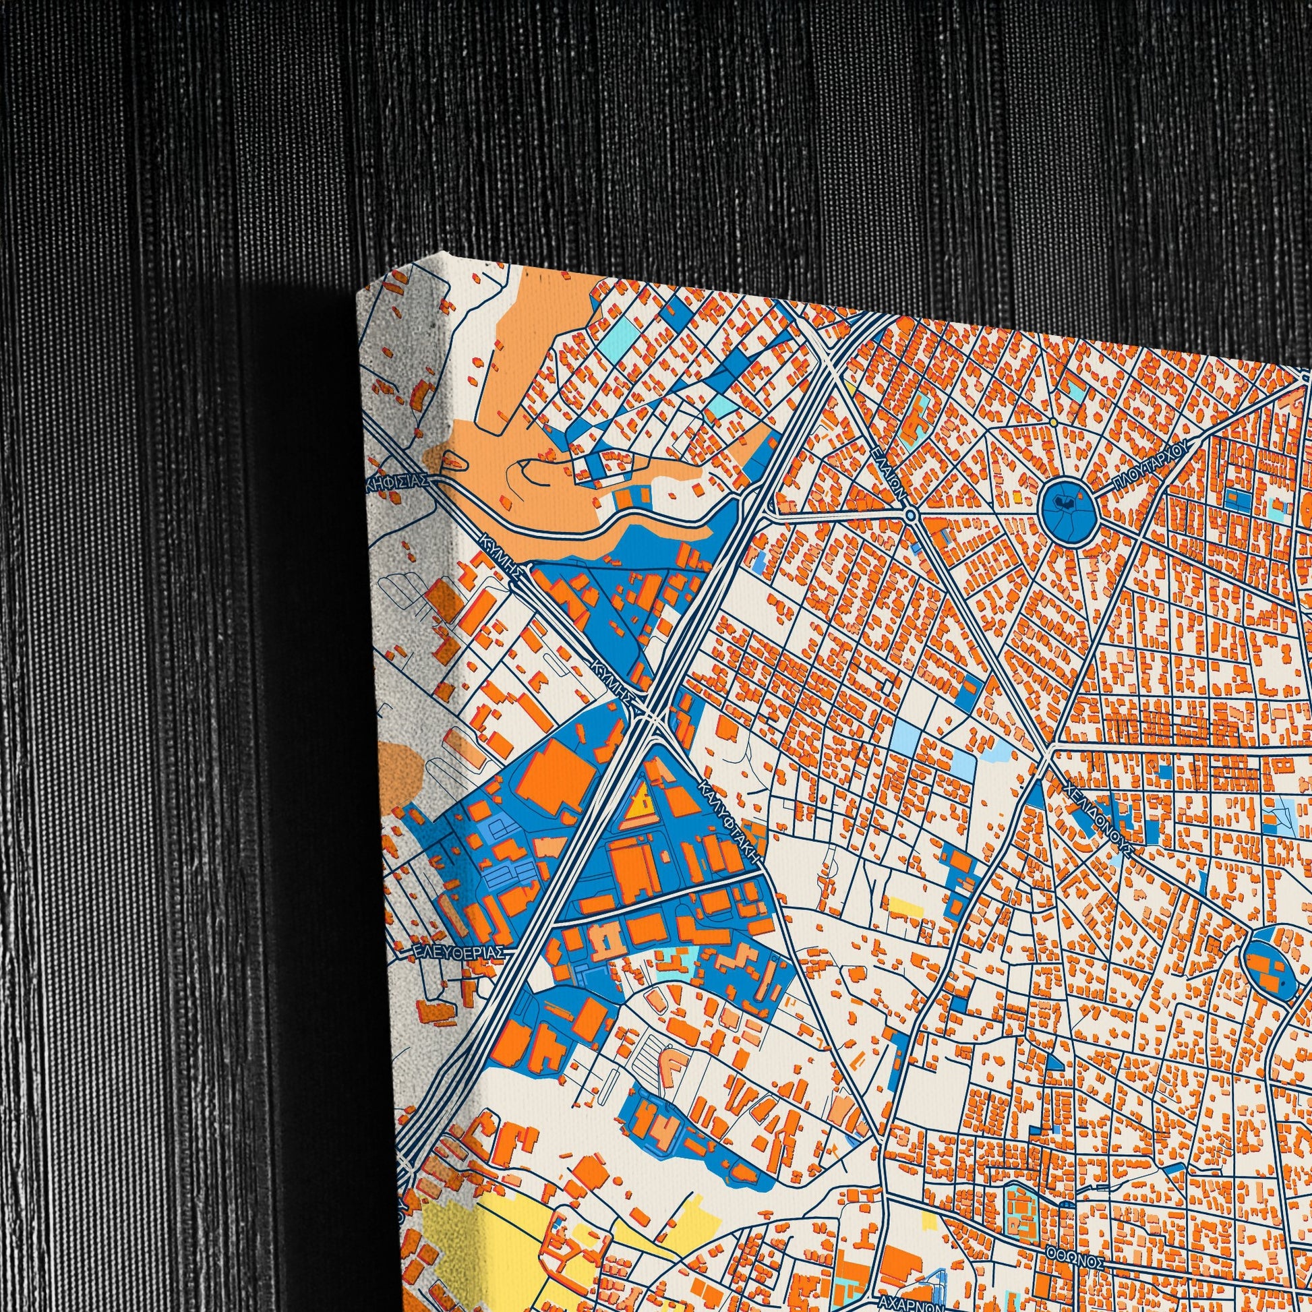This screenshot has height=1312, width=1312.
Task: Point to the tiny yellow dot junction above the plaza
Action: (1053, 422)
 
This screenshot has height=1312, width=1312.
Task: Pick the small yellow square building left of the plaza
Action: (1017, 496)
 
